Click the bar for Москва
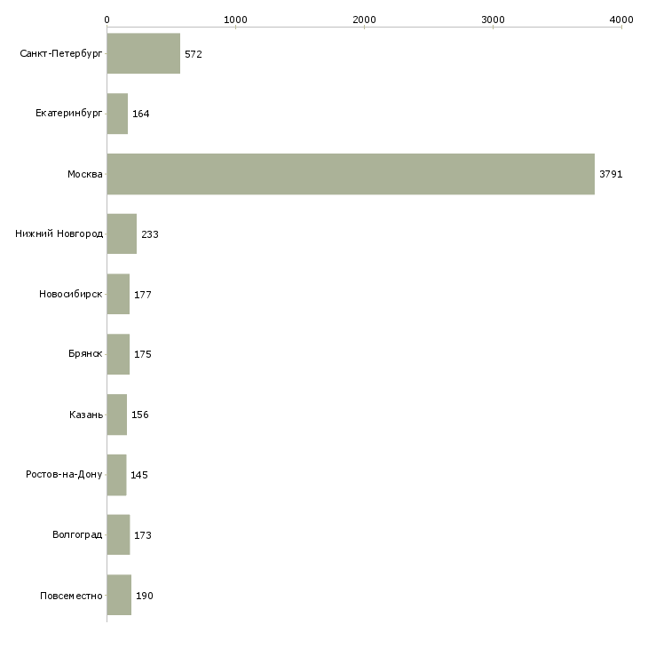pyautogui.click(x=351, y=174)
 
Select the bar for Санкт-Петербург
pyautogui.click(x=144, y=54)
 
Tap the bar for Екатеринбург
pyautogui.click(x=117, y=114)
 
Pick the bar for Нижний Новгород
pyautogui.click(x=122, y=234)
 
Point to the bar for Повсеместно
pyautogui.click(x=119, y=595)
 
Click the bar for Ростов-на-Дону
pyautogui.click(x=116, y=475)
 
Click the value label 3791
pyautogui.click(x=611, y=175)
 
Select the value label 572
pyautogui.click(x=194, y=54)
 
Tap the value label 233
pyautogui.click(x=150, y=234)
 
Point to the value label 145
pyautogui.click(x=139, y=475)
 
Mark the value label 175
pyautogui.click(x=143, y=354)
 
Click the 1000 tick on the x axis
pyautogui.click(x=235, y=19)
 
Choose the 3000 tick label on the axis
pyautogui.click(x=493, y=19)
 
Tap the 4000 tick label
pyautogui.click(x=621, y=19)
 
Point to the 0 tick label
pyautogui.click(x=107, y=19)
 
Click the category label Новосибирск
pyautogui.click(x=71, y=294)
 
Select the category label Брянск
pyautogui.click(x=85, y=354)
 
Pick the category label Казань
pyautogui.click(x=86, y=415)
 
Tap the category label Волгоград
pyautogui.click(x=77, y=535)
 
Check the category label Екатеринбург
pyautogui.click(x=69, y=114)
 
